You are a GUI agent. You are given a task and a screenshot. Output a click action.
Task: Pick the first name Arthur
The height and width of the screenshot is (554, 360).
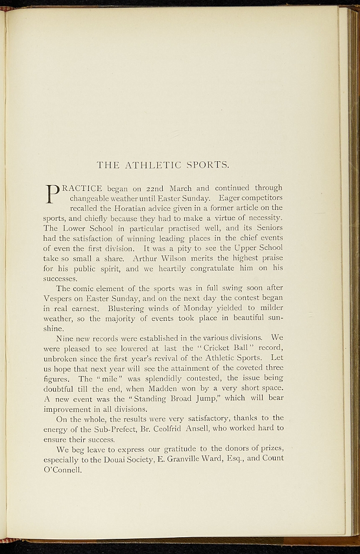[145, 258]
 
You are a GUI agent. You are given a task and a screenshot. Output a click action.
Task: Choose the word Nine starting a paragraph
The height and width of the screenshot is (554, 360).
[66, 338]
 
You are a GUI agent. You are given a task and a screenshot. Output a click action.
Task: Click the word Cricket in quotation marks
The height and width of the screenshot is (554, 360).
[216, 348]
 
